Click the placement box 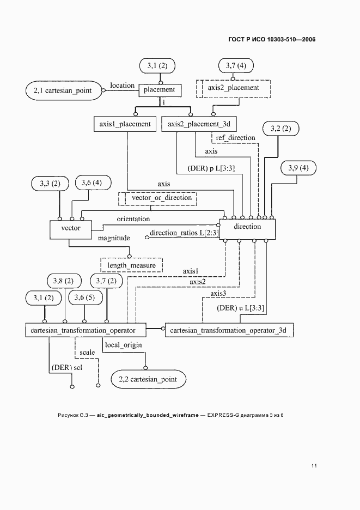(x=159, y=90)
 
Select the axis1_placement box (x=125, y=124)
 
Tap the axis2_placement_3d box (x=198, y=124)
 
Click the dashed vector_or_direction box (x=157, y=198)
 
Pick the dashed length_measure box (x=131, y=265)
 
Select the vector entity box (x=71, y=228)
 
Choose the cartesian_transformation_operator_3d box (x=229, y=330)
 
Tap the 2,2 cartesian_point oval (x=148, y=379)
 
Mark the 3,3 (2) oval (x=50, y=184)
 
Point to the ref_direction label (x=235, y=138)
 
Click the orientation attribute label (x=133, y=218)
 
